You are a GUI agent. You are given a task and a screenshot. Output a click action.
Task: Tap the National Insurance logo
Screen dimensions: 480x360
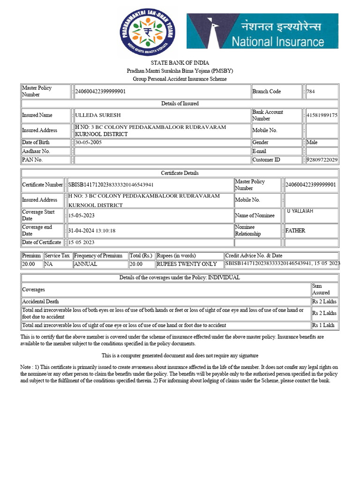tap(262, 31)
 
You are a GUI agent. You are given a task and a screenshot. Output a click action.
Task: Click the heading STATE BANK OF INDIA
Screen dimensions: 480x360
tap(180, 63)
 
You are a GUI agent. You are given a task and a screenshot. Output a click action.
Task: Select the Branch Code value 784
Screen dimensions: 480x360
tap(310, 91)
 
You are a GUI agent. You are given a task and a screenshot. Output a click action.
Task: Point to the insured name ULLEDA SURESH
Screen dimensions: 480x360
tap(97, 115)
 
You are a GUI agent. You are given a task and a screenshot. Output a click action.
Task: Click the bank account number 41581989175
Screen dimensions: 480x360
tap(322, 115)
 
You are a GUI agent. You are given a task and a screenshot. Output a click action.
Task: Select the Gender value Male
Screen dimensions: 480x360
tap(312, 142)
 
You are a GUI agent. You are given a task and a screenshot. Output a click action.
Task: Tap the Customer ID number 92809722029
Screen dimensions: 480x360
tap(322, 160)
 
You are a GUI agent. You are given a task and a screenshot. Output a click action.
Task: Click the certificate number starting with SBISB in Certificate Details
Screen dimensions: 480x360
tap(111, 185)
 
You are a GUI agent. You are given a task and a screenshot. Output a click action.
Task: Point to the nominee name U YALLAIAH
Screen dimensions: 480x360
tap(300, 211)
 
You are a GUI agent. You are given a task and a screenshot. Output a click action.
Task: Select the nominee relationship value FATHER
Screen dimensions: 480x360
tap(295, 231)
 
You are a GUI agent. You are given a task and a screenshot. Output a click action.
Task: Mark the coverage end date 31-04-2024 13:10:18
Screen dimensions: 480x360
tap(92, 231)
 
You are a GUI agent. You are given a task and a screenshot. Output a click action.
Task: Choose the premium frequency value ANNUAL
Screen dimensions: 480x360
tap(86, 264)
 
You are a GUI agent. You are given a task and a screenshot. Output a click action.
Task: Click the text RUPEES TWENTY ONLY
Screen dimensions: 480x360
tap(187, 264)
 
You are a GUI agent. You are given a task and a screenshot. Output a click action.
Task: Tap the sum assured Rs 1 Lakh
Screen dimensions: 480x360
tap(323, 325)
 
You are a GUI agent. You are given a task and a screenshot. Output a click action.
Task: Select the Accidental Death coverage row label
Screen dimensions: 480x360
tap(40, 301)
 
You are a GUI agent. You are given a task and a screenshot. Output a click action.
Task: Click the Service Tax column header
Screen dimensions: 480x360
tap(58, 256)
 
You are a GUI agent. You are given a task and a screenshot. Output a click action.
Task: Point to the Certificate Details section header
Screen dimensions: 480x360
tap(180, 173)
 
